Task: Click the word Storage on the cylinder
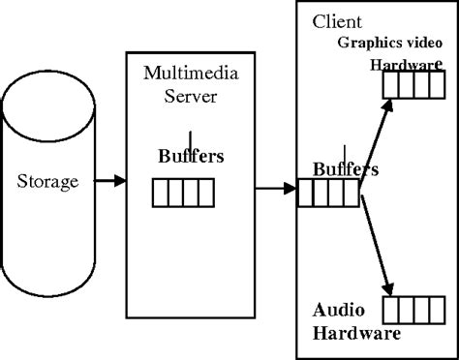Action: click(47, 181)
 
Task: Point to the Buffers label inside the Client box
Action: click(345, 169)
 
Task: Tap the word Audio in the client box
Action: click(338, 311)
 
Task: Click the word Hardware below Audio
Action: click(356, 334)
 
